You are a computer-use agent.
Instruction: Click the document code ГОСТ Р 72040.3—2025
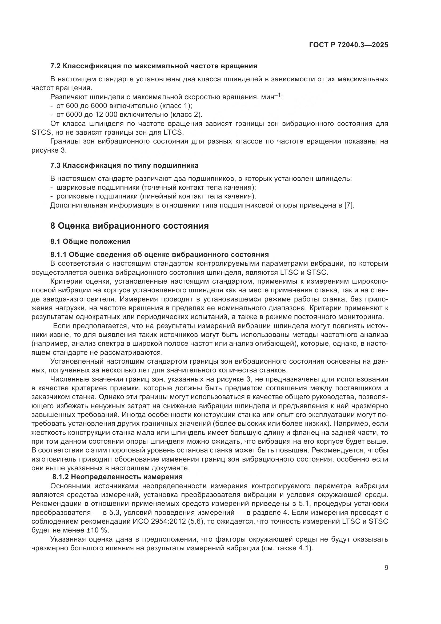[x=348, y=45]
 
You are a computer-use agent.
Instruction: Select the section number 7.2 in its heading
[x=56, y=66]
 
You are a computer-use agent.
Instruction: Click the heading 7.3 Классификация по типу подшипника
[x=124, y=165]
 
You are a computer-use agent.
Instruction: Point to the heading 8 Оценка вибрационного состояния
[x=130, y=226]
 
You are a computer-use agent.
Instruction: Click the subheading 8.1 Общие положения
[x=90, y=241]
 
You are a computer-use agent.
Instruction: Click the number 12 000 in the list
[x=106, y=115]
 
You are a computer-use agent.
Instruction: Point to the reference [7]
[x=349, y=205]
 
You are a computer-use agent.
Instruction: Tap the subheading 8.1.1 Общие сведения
[x=159, y=255]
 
